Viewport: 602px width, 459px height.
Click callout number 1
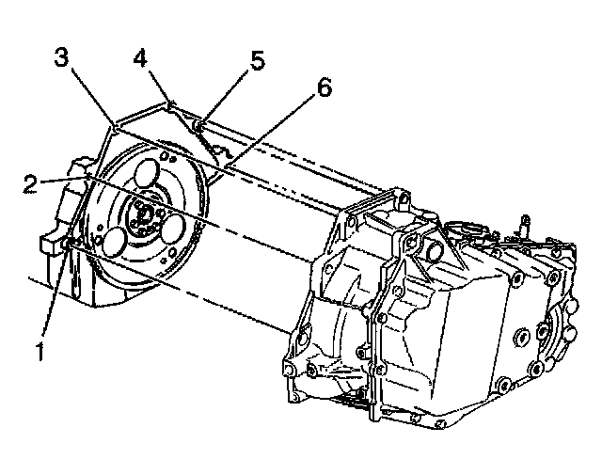click(40, 355)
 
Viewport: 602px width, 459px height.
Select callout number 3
click(61, 57)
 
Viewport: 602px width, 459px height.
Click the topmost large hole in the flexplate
click(147, 176)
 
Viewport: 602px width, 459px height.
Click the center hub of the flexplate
click(142, 216)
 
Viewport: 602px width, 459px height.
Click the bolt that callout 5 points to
click(197, 123)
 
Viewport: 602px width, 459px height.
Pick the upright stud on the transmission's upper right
click(523, 225)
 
